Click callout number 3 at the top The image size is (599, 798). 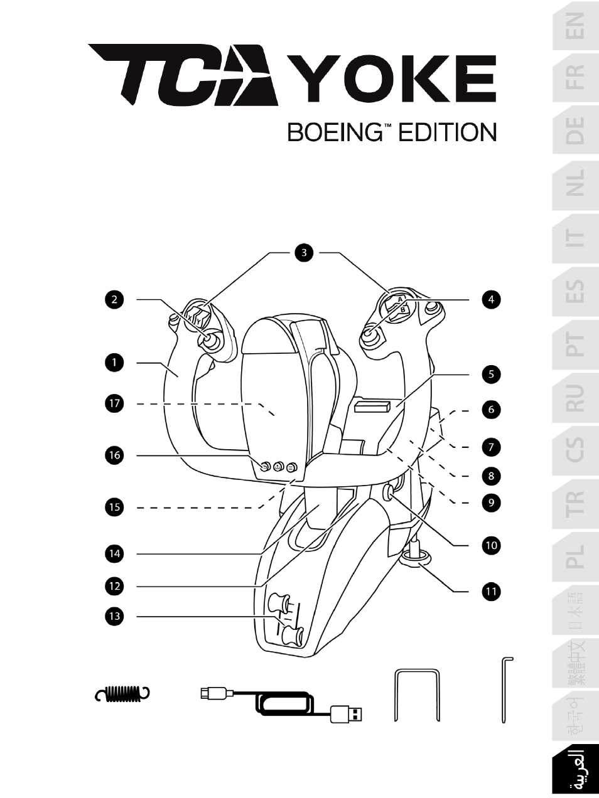point(304,253)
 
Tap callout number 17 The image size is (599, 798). point(114,403)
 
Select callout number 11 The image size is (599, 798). point(491,591)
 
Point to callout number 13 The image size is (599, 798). point(114,616)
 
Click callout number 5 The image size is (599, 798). point(491,375)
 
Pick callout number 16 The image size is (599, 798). point(114,454)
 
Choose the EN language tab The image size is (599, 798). point(575,27)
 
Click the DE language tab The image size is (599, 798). point(575,130)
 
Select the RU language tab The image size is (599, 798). point(575,397)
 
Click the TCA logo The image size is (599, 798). point(183,74)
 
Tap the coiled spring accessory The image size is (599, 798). point(124,693)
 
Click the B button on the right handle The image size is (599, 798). point(404,309)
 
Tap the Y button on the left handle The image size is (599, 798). point(199,321)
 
